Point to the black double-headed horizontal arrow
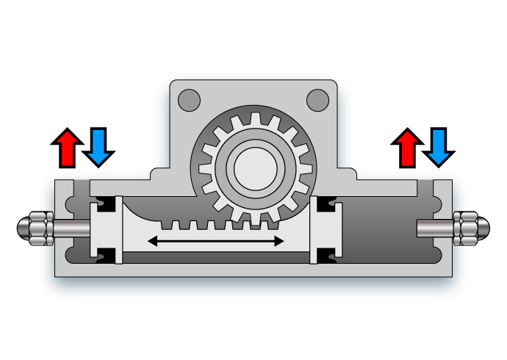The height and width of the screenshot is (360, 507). coord(216,240)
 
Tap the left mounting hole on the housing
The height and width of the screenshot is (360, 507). coord(190,98)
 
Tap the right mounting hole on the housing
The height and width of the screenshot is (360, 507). coord(317,98)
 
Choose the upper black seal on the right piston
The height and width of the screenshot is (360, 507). coord(323,203)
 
